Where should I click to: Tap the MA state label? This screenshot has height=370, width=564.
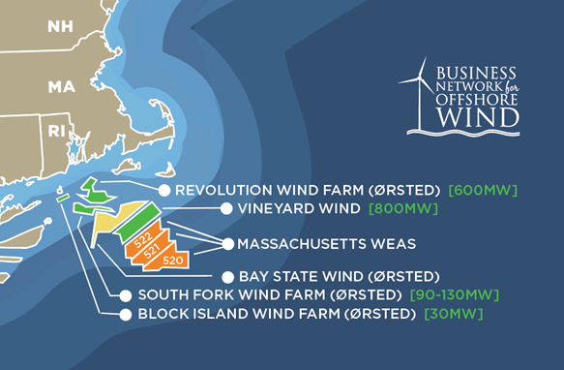pyautogui.click(x=62, y=87)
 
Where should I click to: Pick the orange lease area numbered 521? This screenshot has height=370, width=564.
pyautogui.click(x=152, y=250)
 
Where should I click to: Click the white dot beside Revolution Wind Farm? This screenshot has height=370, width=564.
pyautogui.click(x=164, y=191)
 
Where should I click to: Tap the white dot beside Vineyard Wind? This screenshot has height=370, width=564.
pyautogui.click(x=226, y=208)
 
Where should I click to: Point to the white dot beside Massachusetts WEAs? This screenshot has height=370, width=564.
pyautogui.click(x=228, y=243)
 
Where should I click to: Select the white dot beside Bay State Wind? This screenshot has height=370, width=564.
pyautogui.click(x=228, y=276)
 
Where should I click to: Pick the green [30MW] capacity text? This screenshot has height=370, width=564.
pyautogui.click(x=453, y=315)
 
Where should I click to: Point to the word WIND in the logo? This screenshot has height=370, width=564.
pyautogui.click(x=477, y=116)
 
